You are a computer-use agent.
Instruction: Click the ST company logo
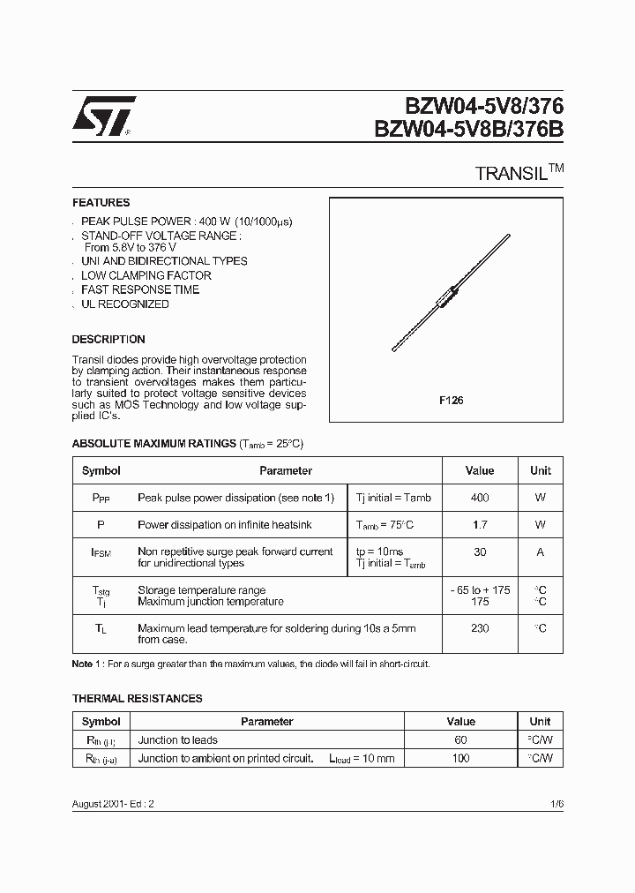103,115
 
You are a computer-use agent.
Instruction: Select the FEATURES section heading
101,202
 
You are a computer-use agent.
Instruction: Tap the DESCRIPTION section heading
108,339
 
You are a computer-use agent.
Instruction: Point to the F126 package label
452,400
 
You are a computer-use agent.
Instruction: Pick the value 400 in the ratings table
479,498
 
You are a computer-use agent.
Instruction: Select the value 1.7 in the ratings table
479,524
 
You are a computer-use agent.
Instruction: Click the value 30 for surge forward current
479,552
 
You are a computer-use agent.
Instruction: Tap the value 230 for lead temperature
479,628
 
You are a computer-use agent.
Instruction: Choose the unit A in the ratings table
540,552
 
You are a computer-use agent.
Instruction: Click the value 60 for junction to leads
460,739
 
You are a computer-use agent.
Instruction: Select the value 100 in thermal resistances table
460,758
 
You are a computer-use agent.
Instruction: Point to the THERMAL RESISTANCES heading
137,698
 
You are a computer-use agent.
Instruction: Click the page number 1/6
556,805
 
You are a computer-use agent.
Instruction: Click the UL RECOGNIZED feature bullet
124,304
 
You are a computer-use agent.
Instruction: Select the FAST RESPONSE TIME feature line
139,289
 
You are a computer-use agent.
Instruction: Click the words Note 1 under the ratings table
87,664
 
